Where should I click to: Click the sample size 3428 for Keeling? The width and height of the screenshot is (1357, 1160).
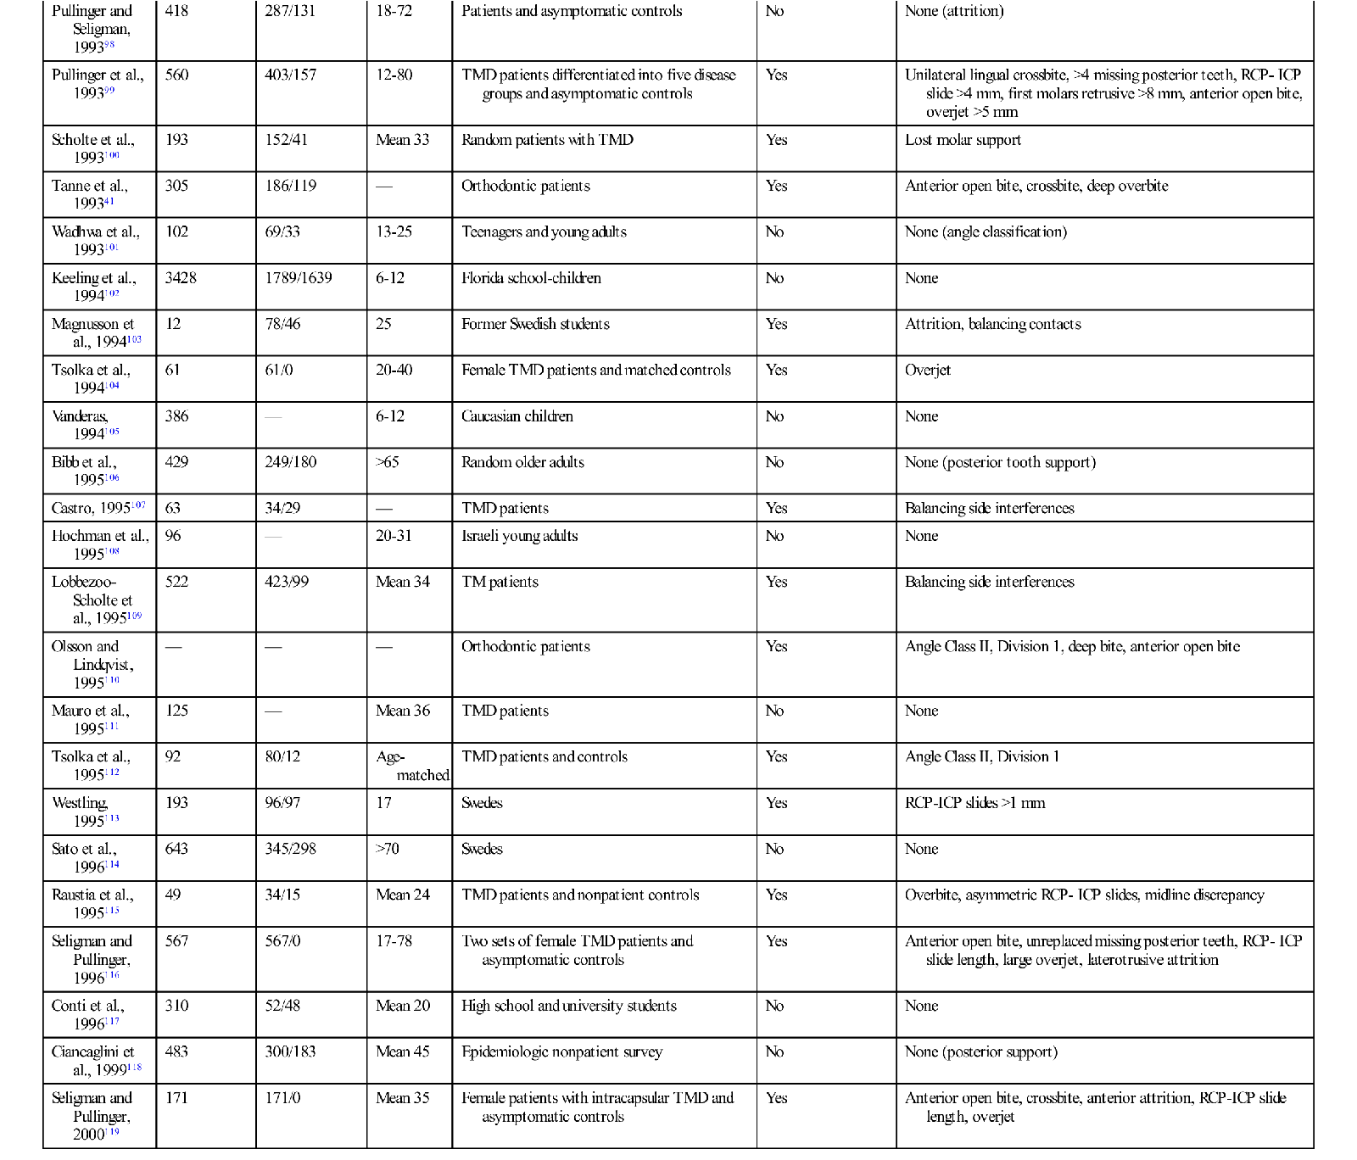[181, 278]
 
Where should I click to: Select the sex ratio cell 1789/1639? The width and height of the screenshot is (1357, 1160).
[299, 278]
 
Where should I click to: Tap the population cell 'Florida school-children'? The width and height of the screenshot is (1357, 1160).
[531, 278]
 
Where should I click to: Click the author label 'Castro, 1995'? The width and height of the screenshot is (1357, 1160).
[98, 508]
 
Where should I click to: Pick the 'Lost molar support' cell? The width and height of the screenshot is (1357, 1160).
[963, 140]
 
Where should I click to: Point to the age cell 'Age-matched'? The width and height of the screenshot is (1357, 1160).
[412, 766]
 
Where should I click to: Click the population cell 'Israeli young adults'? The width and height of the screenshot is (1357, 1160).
[519, 536]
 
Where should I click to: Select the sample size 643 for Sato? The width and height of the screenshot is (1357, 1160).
[176, 849]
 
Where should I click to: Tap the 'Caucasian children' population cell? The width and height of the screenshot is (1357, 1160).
[517, 416]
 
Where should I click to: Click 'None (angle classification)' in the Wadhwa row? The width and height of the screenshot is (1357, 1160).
[986, 231]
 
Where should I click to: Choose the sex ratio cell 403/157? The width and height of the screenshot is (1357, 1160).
[290, 75]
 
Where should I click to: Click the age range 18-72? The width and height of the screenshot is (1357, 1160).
[394, 11]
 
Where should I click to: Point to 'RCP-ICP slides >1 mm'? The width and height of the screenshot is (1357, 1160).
[974, 803]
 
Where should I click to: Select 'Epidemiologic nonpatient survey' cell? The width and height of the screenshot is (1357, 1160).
[561, 1051]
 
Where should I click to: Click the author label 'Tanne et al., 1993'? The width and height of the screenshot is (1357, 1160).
[90, 194]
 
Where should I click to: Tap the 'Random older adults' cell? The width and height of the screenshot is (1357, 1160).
[522, 462]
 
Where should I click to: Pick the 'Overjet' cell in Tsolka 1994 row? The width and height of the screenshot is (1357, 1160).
[928, 370]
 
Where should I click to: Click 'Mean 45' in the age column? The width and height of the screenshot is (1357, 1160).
[403, 1051]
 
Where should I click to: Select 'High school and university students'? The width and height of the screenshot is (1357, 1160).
[568, 1006]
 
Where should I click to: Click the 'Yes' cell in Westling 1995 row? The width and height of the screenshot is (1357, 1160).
[776, 803]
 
